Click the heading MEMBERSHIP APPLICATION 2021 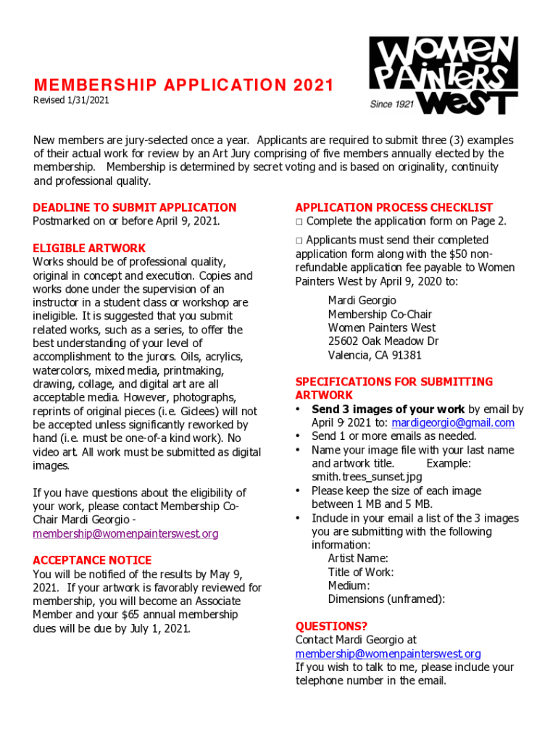(x=183, y=86)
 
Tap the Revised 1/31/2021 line (x=71, y=100)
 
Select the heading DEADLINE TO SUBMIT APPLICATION (x=135, y=207)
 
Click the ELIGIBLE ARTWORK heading (x=89, y=248)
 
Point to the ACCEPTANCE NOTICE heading (x=92, y=560)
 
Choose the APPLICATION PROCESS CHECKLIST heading (x=393, y=207)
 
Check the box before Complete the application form (x=299, y=222)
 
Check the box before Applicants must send (x=299, y=241)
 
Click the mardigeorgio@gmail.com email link (x=453, y=422)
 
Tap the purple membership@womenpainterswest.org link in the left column (x=125, y=534)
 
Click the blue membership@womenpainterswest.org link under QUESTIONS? (x=388, y=654)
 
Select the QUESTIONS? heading (x=331, y=626)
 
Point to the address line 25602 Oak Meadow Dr (x=383, y=341)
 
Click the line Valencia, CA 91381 (x=375, y=355)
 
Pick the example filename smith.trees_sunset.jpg (x=367, y=477)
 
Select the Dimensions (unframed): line (x=386, y=599)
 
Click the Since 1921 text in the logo (x=391, y=104)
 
